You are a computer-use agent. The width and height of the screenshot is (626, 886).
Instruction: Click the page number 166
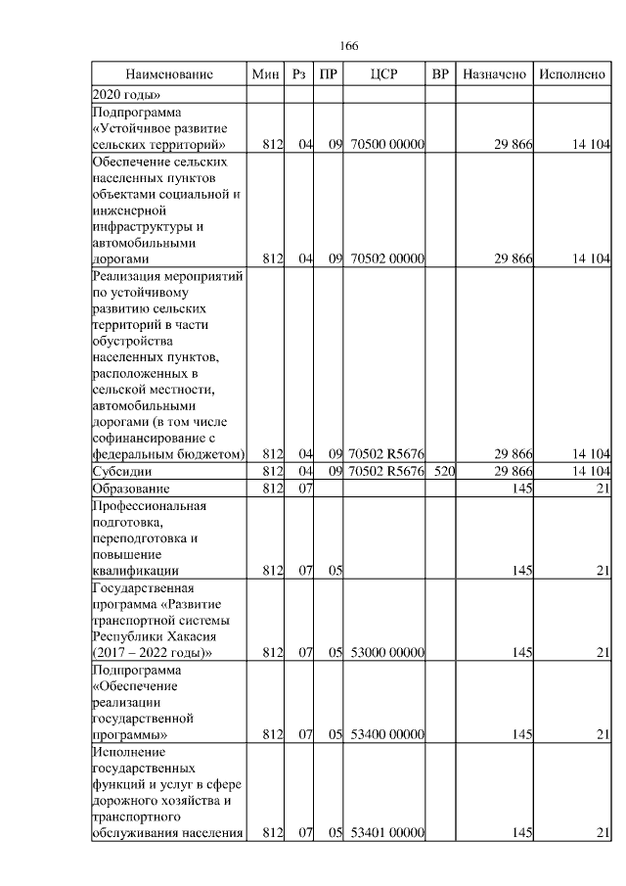click(349, 46)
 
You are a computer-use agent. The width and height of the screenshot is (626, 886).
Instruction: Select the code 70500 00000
click(386, 146)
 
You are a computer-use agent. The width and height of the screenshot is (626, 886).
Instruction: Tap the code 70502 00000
click(386, 259)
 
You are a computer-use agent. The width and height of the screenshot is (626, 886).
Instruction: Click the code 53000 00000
click(386, 652)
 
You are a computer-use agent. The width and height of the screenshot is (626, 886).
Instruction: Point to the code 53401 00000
click(386, 833)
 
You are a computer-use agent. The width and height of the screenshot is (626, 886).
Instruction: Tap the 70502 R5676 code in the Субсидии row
click(386, 472)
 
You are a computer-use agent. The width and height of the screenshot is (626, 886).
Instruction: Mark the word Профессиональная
click(149, 505)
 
